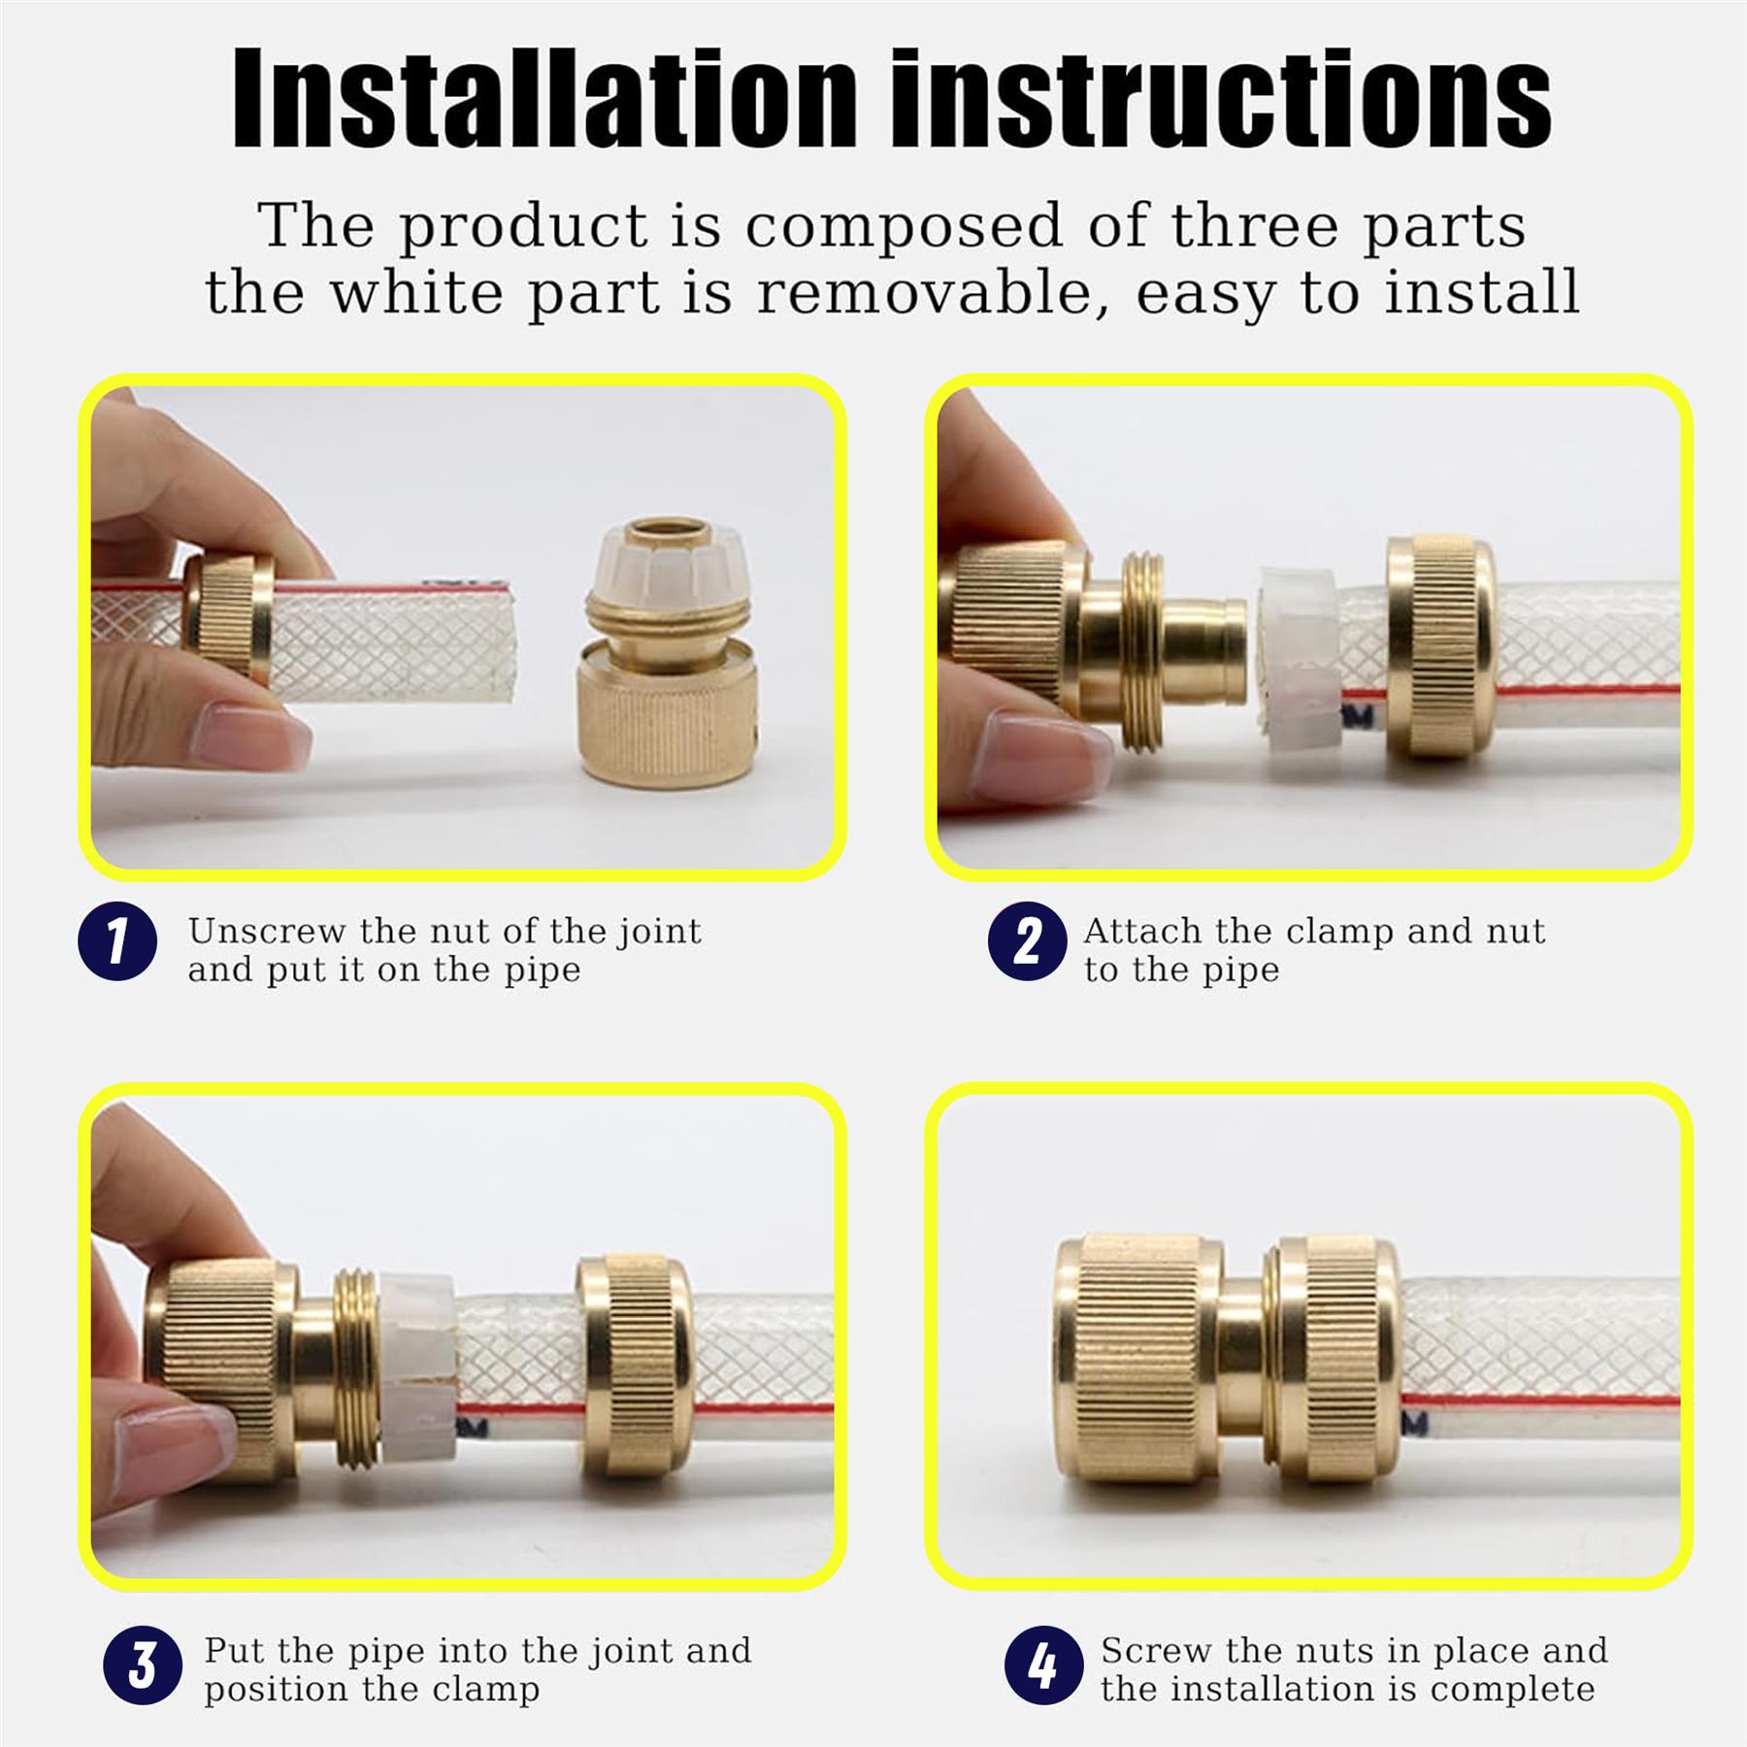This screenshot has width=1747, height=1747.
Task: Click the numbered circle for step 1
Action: point(117,941)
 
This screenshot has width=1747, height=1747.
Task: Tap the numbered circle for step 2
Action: point(1028,941)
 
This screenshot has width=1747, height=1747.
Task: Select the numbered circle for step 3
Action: point(143,1665)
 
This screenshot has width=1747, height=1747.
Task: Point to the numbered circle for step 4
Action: point(1044,1665)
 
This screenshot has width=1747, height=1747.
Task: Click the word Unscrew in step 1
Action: point(267,931)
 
